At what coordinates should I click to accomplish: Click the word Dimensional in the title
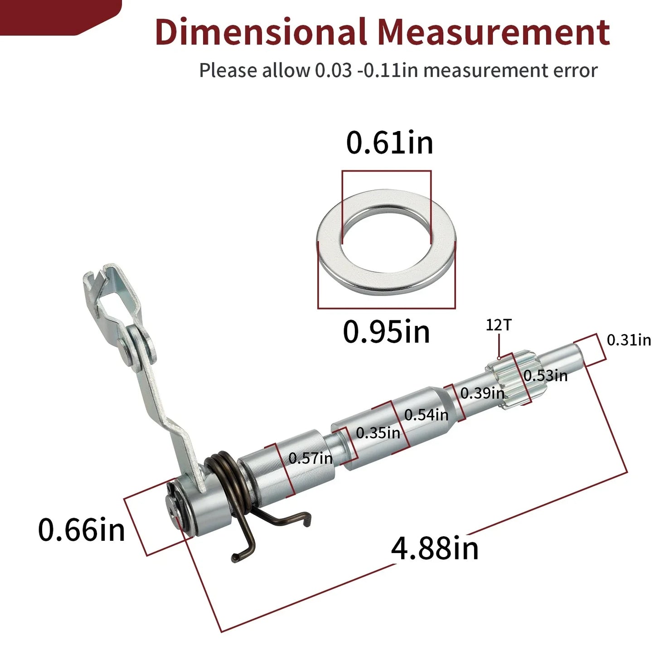(261, 32)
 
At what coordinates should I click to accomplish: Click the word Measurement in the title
(494, 32)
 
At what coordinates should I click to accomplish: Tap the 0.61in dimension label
(389, 142)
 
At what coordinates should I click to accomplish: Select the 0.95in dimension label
(387, 331)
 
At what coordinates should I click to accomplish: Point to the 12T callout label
(498, 325)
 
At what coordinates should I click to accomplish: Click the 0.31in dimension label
(629, 340)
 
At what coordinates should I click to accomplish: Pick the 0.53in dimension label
(546, 375)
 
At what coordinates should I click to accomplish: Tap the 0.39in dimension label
(482, 393)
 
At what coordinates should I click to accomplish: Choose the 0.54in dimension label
(426, 415)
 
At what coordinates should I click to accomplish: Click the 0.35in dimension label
(378, 433)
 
